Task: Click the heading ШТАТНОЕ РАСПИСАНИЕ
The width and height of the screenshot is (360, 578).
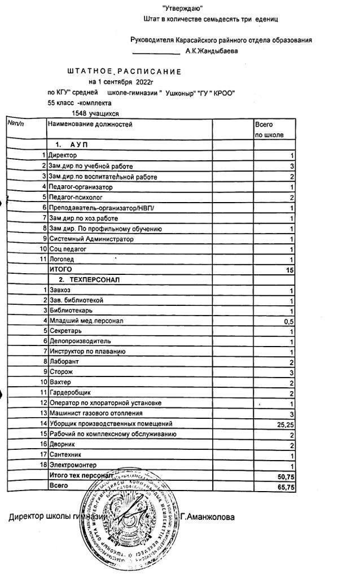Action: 124,72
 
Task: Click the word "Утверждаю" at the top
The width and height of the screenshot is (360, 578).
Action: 182,8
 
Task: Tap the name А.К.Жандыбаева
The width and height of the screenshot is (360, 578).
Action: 212,51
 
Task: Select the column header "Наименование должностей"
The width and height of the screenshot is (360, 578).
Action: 90,124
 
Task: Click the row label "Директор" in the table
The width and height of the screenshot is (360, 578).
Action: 63,155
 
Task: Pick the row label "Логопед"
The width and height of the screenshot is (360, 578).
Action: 62,259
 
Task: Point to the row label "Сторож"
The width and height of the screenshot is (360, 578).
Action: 61,372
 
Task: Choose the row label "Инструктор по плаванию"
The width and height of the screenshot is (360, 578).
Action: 87,352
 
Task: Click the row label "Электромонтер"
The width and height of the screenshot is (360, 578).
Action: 71,466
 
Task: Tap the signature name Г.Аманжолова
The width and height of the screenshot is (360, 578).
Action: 208,516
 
